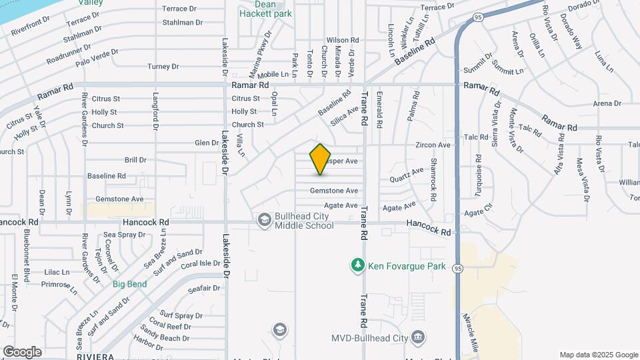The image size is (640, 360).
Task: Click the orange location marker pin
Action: click(x=321, y=159)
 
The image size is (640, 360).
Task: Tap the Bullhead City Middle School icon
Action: click(x=265, y=219)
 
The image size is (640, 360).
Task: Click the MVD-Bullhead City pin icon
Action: click(x=418, y=337)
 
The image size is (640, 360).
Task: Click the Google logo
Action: click(x=22, y=352)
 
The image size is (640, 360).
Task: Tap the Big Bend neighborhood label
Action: click(x=129, y=284)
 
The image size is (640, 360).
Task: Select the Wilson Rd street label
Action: click(x=343, y=40)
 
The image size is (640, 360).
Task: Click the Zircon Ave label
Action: click(x=433, y=145)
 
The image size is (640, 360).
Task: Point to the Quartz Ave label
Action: click(x=407, y=175)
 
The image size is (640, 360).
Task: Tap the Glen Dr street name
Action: click(x=206, y=143)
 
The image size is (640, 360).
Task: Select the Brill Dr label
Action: click(x=135, y=160)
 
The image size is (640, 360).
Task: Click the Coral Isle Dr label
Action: click(x=200, y=263)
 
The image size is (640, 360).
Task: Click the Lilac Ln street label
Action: click(x=57, y=272)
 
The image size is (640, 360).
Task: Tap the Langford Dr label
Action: click(x=155, y=111)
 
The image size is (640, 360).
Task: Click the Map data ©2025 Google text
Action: click(x=598, y=355)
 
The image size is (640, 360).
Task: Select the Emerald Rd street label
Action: click(x=379, y=109)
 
